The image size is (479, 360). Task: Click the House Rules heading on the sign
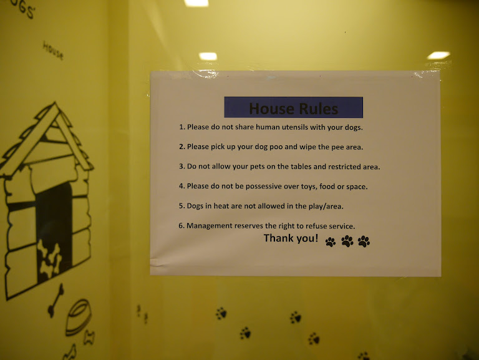(294, 109)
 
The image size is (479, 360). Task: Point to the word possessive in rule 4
(264, 187)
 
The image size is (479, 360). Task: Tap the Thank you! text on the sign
(291, 238)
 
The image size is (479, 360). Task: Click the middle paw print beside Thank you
(347, 241)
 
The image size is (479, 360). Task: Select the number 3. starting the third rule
(182, 167)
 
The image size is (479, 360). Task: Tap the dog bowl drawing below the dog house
(78, 317)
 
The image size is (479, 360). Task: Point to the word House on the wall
(53, 51)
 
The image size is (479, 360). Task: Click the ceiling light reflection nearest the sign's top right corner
(438, 56)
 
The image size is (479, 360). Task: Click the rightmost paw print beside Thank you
(364, 241)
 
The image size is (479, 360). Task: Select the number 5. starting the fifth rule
(181, 206)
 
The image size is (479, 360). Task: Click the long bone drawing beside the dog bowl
(56, 300)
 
